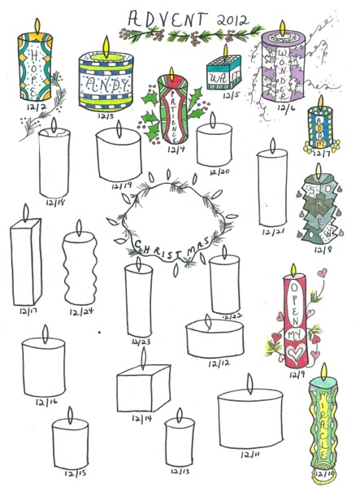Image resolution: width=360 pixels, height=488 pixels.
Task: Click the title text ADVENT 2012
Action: coord(183,16)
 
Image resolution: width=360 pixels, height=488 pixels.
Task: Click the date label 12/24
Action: coord(80,310)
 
